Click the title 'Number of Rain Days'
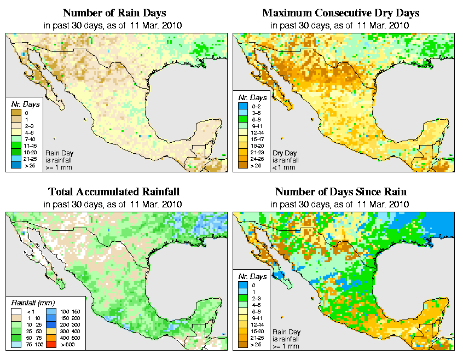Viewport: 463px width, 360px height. click(x=114, y=13)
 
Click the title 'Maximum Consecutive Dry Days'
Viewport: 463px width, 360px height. click(x=341, y=13)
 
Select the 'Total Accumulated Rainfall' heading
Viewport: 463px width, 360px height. click(x=114, y=192)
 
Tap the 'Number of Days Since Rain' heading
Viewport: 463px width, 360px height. click(x=341, y=192)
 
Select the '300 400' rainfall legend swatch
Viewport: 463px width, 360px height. click(x=49, y=331)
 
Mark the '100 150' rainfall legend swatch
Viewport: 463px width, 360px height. click(x=49, y=311)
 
